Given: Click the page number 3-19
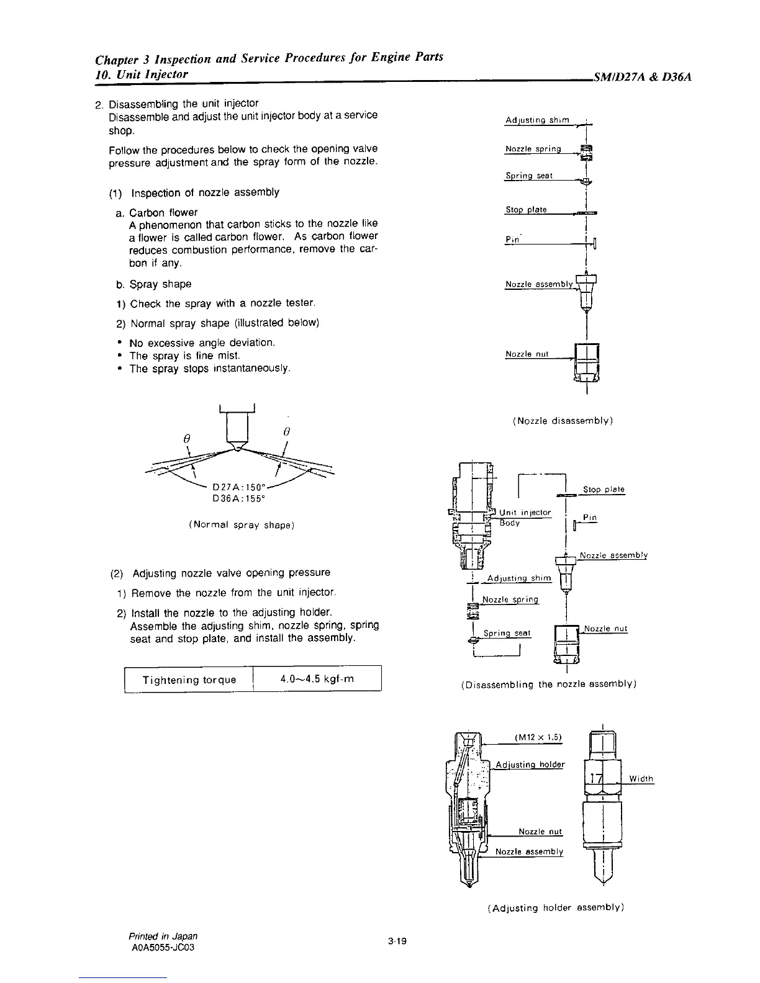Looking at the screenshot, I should click(397, 941).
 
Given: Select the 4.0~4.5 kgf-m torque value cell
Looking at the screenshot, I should click(317, 679).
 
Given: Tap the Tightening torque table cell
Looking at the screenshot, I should click(189, 680).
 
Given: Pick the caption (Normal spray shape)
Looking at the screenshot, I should click(241, 525).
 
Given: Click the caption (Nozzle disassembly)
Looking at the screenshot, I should click(563, 421).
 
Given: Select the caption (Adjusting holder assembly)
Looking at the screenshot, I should click(556, 907).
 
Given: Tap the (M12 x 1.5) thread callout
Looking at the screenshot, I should click(538, 737).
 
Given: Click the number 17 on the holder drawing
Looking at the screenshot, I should click(597, 779).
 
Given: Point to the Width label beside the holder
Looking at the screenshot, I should click(641, 779).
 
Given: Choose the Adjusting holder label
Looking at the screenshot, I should click(530, 764).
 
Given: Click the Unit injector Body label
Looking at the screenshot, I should click(525, 518).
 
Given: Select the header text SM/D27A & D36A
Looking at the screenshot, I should click(642, 78).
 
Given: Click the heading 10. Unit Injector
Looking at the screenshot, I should click(142, 74).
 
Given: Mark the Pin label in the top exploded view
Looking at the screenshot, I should click(512, 240).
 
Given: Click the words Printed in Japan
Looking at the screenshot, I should click(164, 935).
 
